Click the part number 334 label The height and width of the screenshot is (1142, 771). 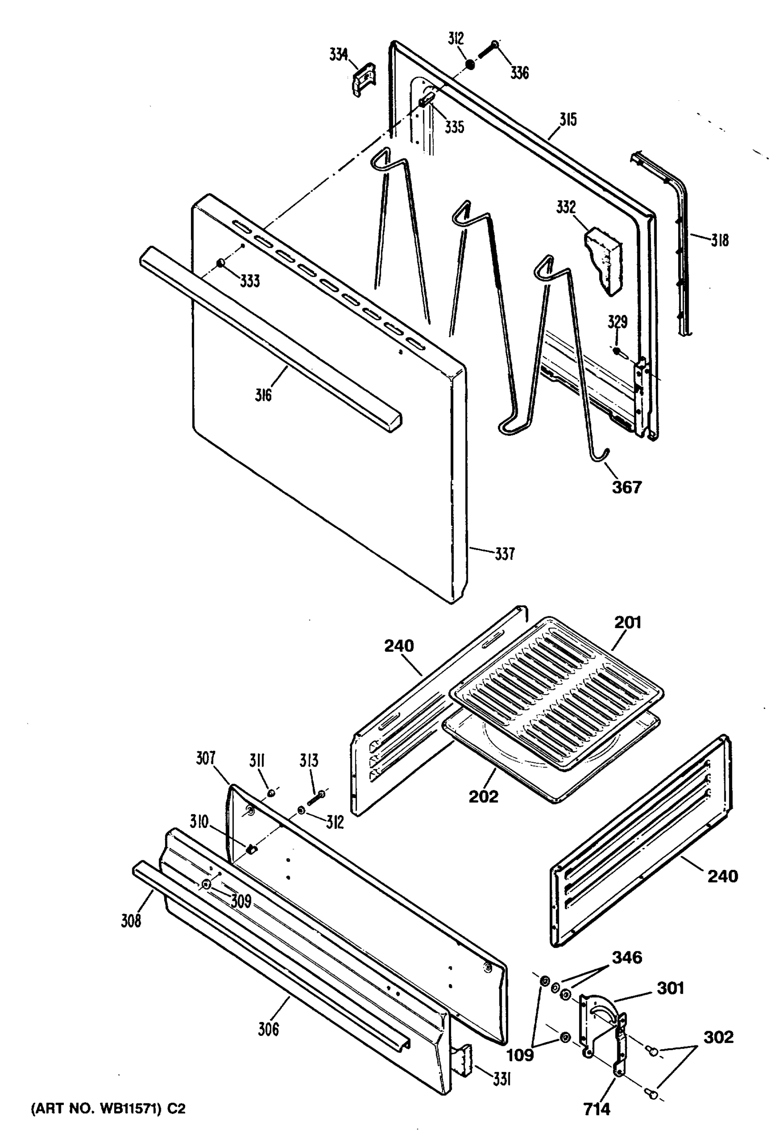338,55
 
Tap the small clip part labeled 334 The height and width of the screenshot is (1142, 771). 362,79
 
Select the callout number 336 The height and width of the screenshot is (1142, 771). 519,73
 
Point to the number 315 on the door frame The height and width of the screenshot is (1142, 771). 568,119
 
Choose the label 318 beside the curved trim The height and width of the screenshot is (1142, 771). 720,240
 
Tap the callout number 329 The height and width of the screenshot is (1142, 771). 617,322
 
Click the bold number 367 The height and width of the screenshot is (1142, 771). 627,487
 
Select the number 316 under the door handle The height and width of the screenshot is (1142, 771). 263,394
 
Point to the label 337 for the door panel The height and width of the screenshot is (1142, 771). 504,554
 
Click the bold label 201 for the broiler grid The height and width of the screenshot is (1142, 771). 628,622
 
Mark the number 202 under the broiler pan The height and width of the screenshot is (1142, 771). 484,796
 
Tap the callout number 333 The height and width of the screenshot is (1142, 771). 250,281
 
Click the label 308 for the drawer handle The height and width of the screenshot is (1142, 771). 131,920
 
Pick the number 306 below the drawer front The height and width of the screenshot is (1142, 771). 268,1028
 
